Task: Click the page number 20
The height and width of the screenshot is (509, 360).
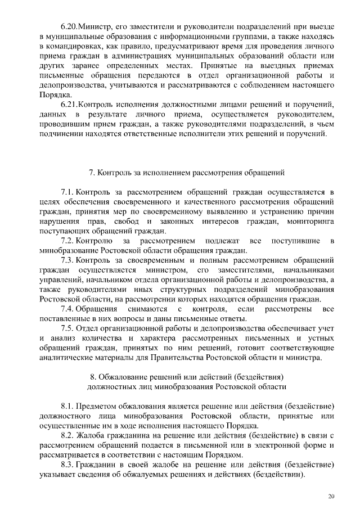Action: pyautogui.click(x=331, y=496)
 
